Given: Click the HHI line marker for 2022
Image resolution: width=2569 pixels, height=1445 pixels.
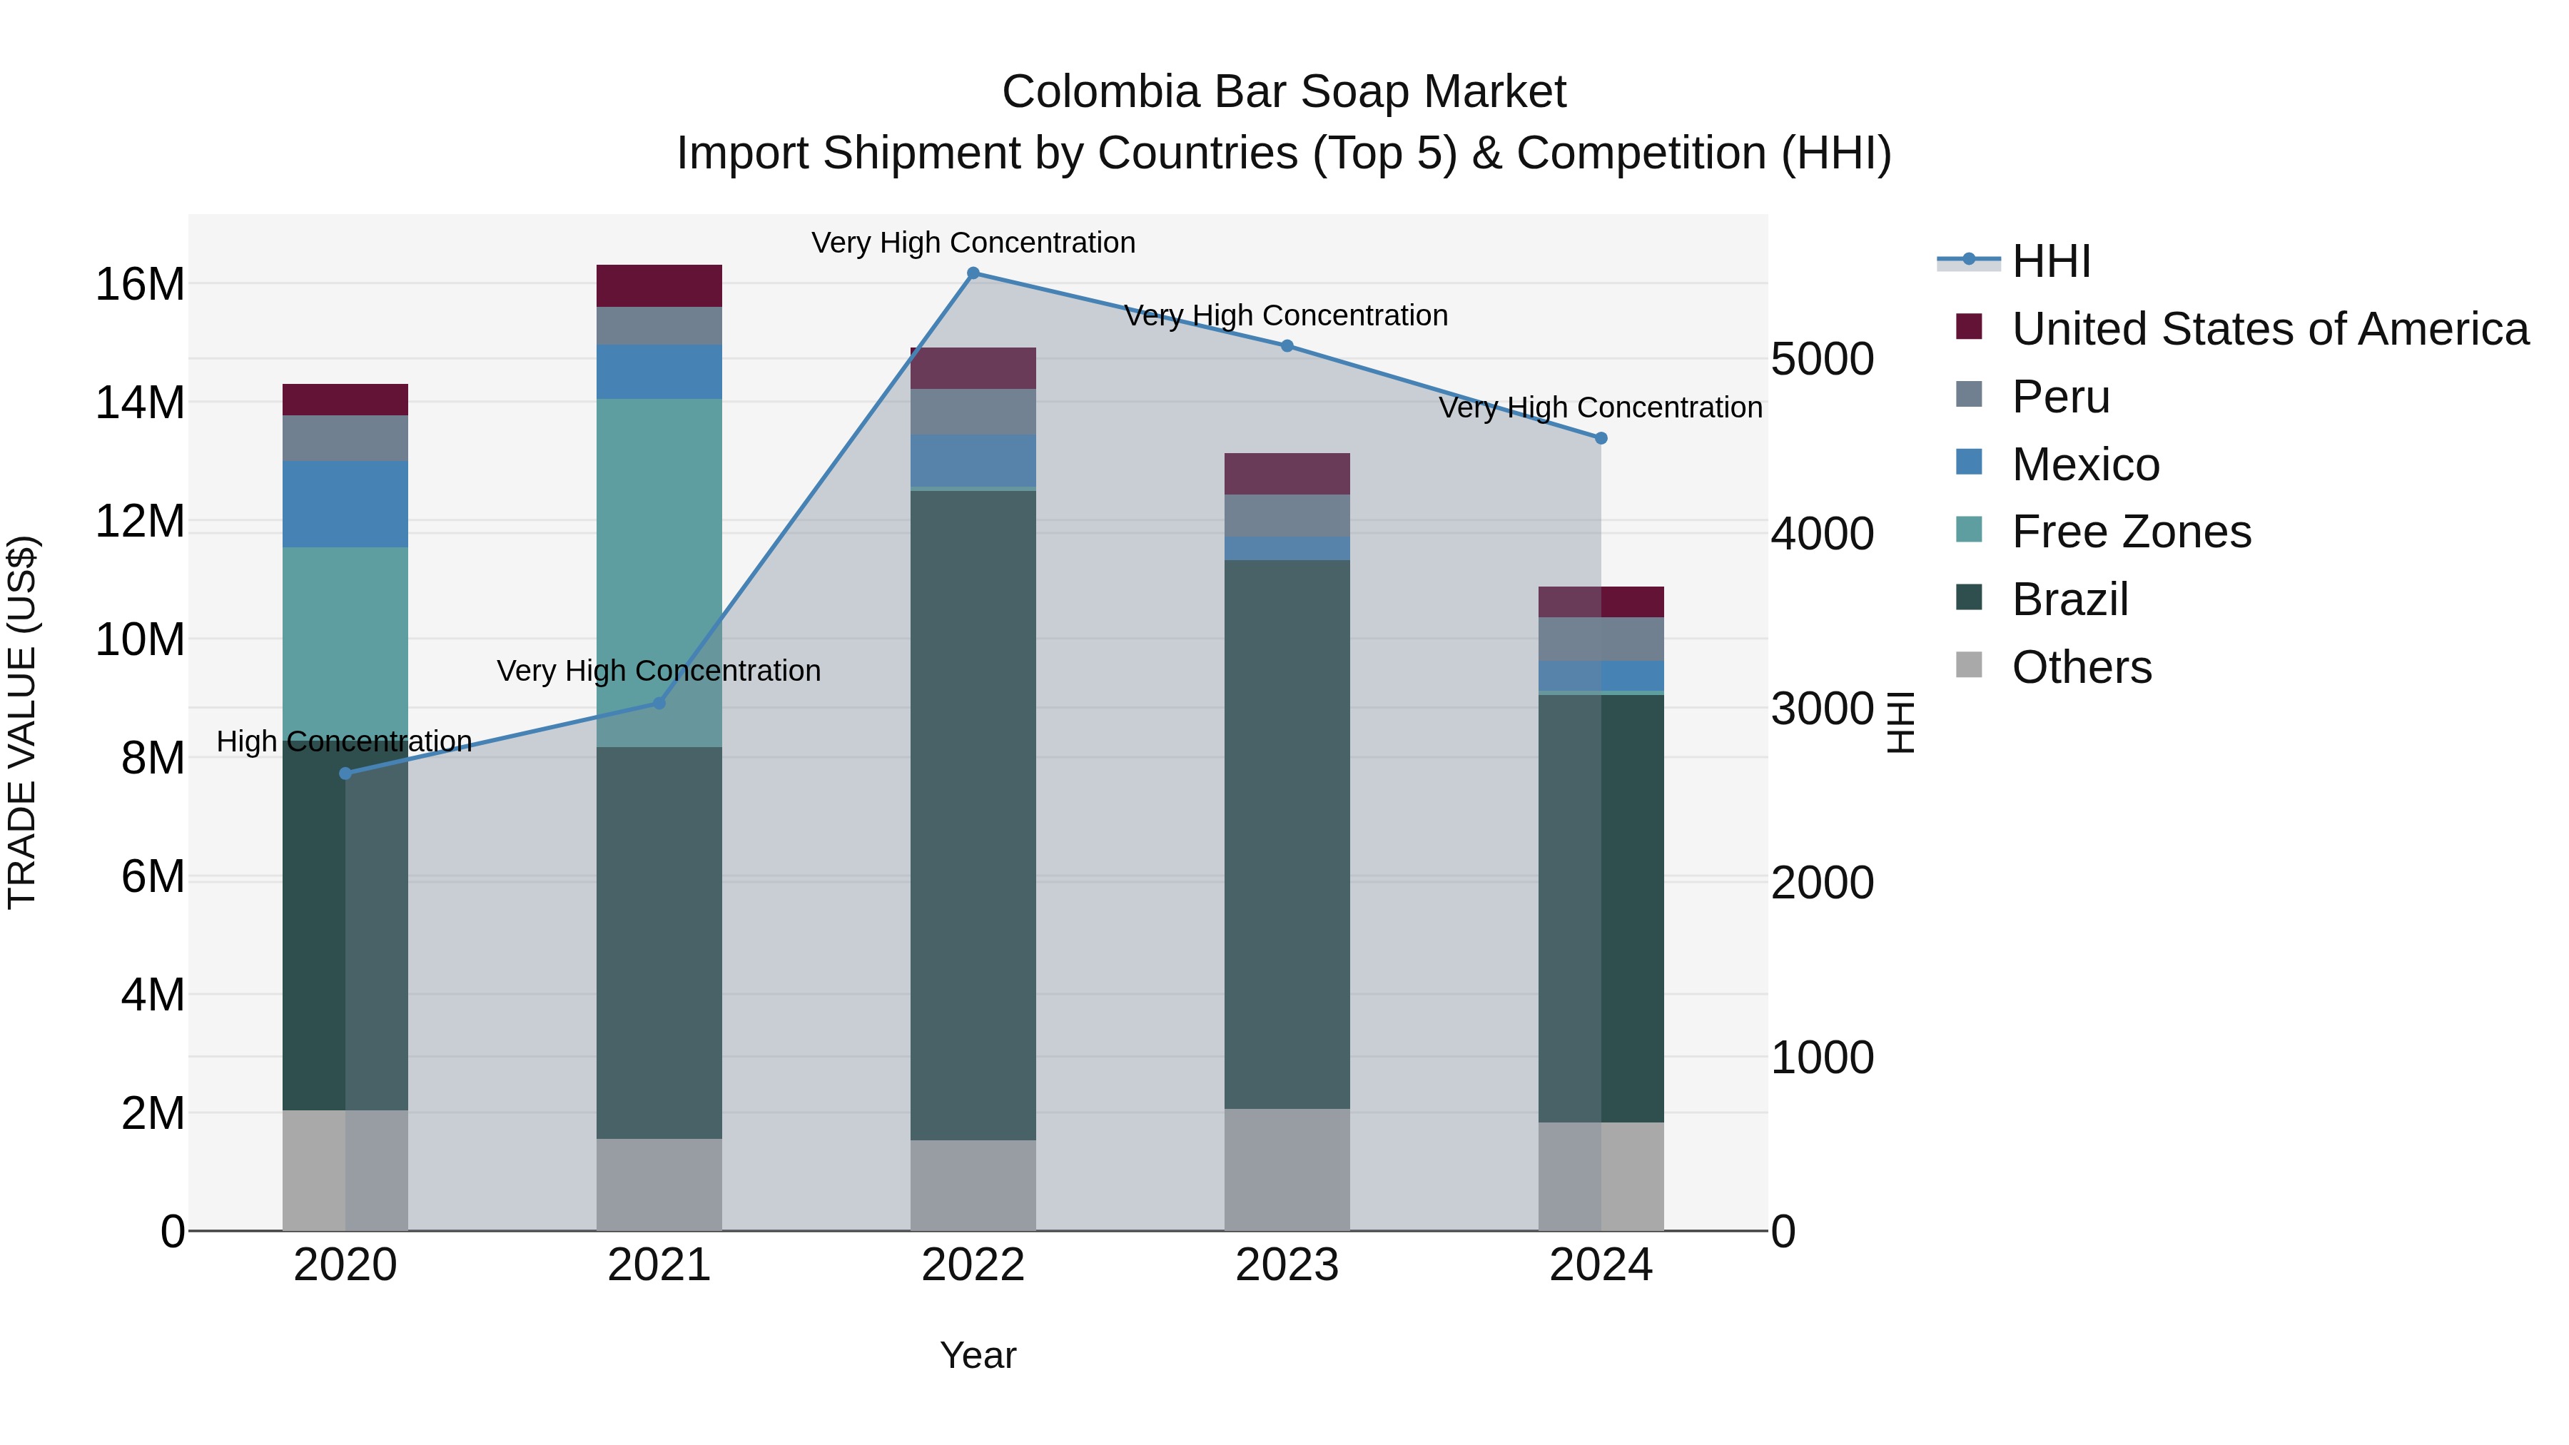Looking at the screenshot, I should pos(973,273).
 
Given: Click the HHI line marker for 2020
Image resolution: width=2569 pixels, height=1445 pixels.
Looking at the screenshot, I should pos(345,773).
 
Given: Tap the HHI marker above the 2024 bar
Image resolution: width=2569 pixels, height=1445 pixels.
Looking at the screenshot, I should pos(1601,438).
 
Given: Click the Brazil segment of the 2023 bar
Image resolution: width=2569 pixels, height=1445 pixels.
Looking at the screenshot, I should pos(1287,833).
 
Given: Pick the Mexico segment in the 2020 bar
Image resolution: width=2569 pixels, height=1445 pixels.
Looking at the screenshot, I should pos(345,504).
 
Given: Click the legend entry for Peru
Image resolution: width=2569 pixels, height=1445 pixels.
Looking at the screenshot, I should pos(2060,397).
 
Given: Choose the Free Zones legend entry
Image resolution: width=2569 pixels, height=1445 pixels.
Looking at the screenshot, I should pos(2130,532).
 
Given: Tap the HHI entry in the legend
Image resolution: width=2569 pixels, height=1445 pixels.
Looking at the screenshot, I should pos(2049,261).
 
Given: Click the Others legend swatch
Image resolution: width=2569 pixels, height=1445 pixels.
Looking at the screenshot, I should pos(1969,665).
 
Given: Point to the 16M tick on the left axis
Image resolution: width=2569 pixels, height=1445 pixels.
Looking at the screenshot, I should pos(140,284).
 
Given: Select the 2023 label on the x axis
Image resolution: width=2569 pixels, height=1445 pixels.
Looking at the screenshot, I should pos(1287,1264).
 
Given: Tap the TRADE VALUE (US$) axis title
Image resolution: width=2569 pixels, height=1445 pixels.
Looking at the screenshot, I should pos(22,722).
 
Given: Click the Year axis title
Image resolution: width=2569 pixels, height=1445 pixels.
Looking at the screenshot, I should pos(978,1355).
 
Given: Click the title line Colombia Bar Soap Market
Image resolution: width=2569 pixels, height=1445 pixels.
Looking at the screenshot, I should pos(1284,92).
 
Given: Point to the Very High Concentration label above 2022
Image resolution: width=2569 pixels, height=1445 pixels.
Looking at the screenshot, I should pos(973,243).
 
